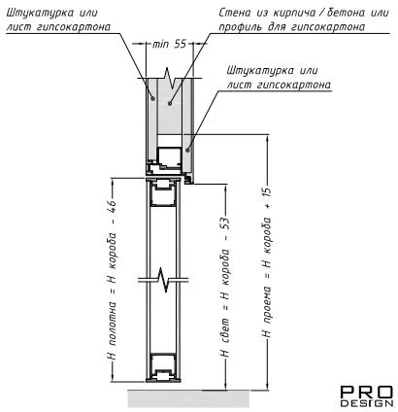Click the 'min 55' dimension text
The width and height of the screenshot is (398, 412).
pos(169,44)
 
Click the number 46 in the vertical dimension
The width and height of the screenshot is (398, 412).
pos(112,207)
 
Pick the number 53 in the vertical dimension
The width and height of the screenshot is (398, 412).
pos(225,224)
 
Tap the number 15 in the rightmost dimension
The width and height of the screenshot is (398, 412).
pos(268,193)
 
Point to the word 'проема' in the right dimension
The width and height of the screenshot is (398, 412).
pos(267,305)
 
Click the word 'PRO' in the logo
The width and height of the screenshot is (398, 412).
pos(367,393)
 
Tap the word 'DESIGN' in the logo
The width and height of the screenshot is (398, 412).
pos(367,403)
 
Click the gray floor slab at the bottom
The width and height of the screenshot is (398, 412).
pos(188,398)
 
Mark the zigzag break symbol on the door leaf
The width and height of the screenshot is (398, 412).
pos(164,279)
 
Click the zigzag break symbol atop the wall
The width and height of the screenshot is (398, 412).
pos(170,78)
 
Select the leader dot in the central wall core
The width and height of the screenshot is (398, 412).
pos(169,103)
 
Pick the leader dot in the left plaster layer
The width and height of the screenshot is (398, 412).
pos(153,98)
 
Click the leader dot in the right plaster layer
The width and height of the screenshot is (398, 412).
pos(187,150)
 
